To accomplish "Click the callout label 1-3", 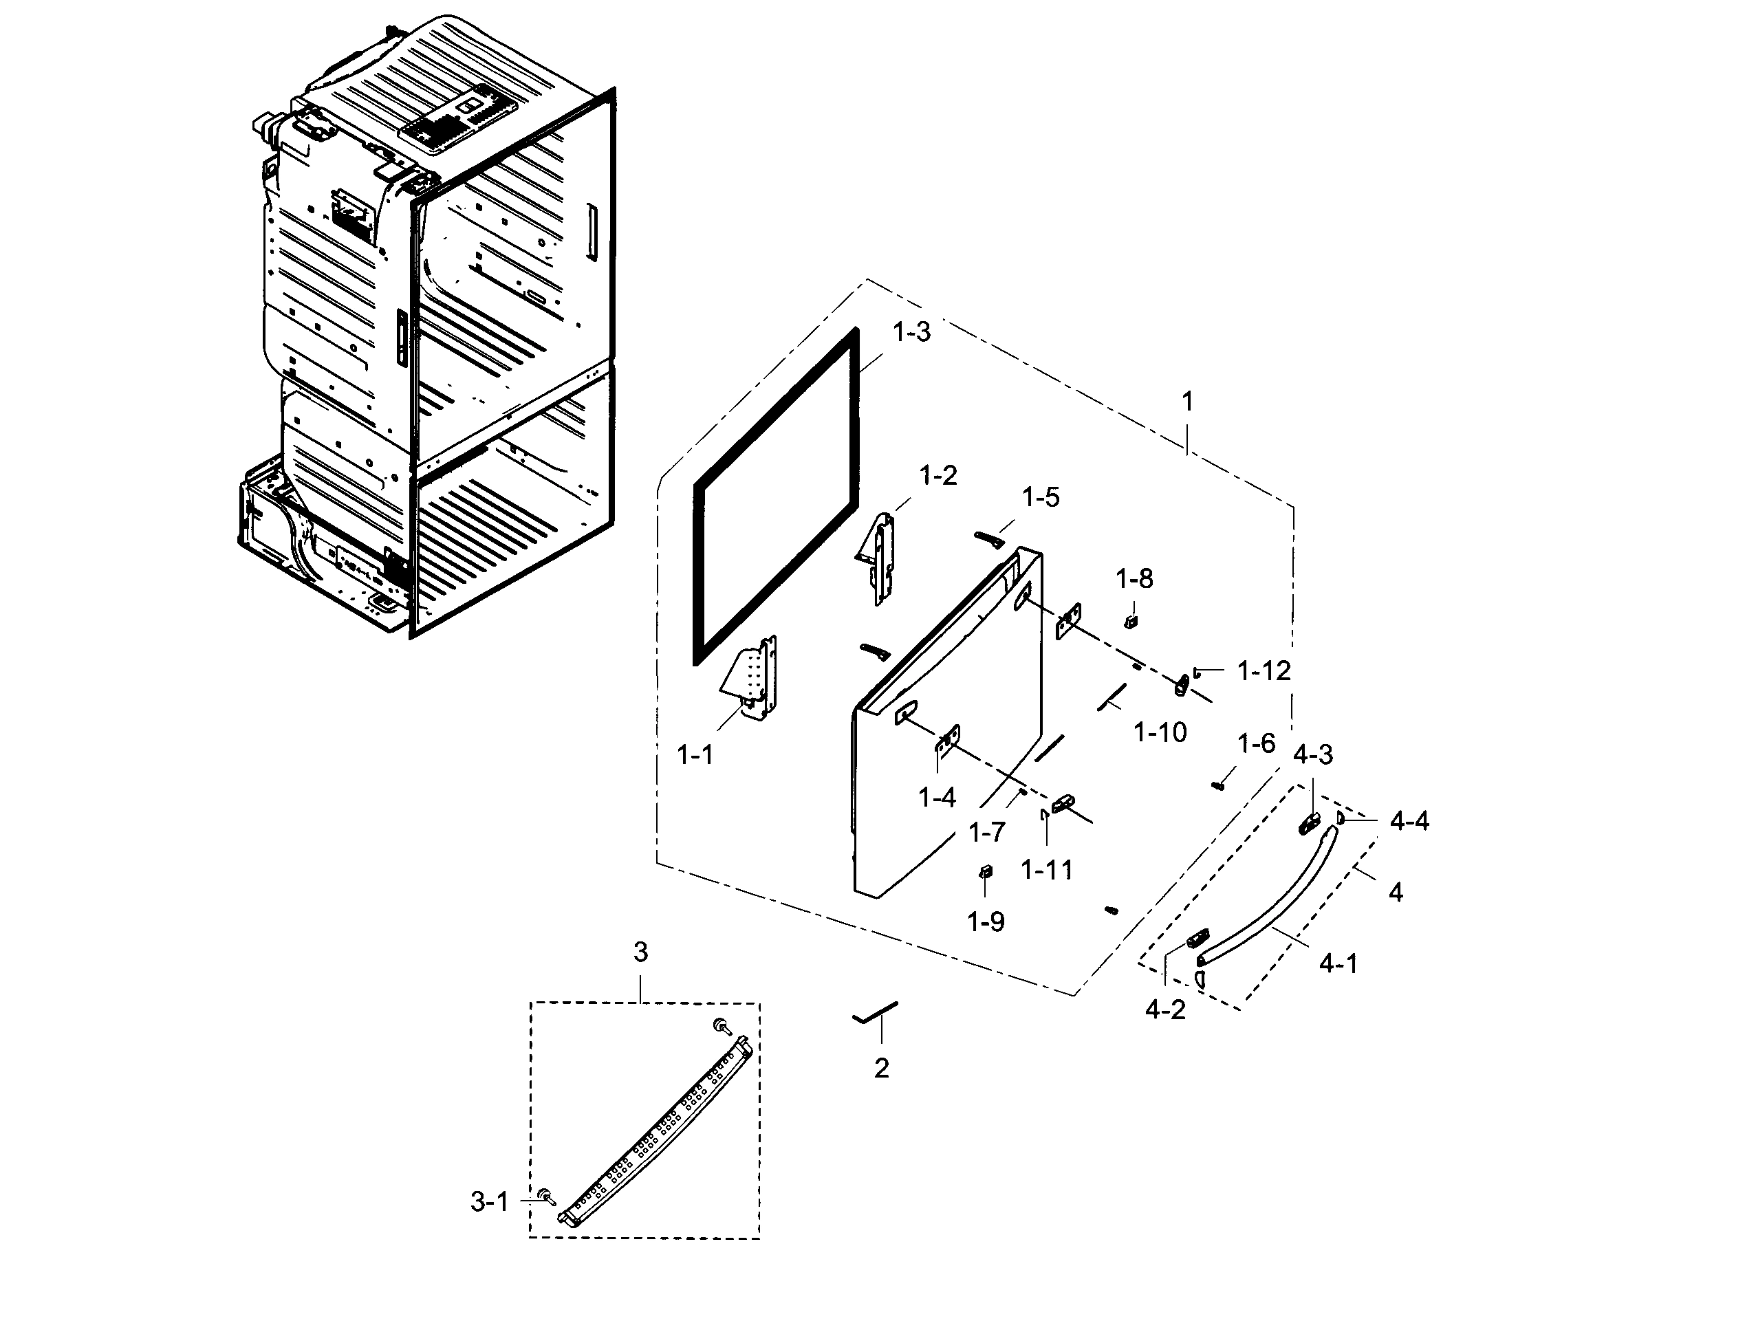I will tap(911, 332).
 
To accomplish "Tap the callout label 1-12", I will tap(1264, 672).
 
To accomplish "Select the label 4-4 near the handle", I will tap(1409, 822).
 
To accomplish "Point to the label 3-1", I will tap(489, 1203).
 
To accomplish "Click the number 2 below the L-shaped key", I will tap(881, 1069).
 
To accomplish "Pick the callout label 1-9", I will tap(985, 921).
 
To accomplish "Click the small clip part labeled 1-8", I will tap(1132, 618).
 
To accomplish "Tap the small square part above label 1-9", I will tap(985, 872).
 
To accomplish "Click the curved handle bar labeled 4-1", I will tap(1270, 905).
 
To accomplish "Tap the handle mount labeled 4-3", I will tap(1308, 823).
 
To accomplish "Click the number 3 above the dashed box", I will tap(640, 951).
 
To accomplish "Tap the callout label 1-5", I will tap(1040, 498).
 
